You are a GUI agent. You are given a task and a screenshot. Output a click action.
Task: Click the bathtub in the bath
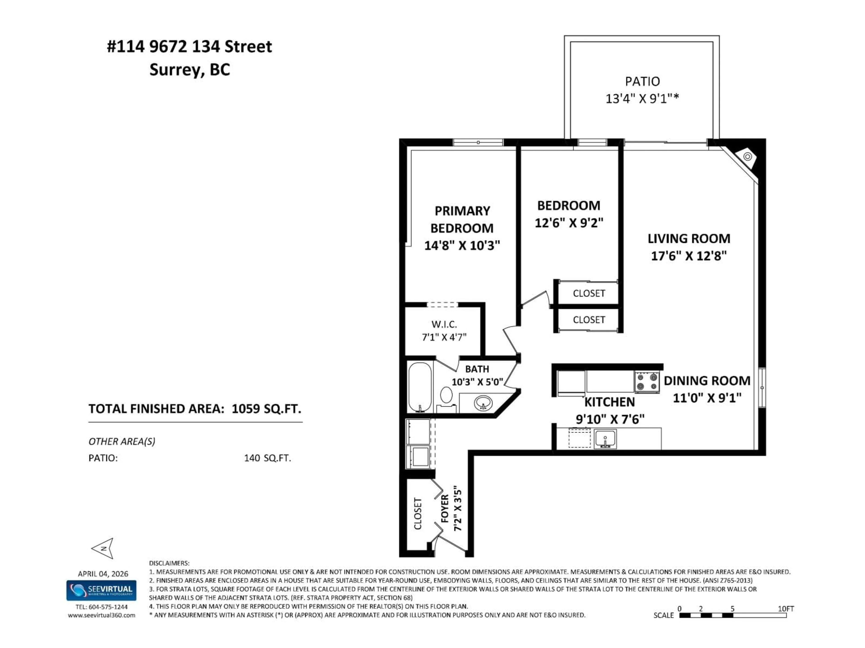click(x=420, y=387)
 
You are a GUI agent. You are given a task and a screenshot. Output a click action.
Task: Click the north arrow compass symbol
click(x=103, y=548)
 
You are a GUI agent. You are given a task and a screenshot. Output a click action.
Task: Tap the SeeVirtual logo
click(x=101, y=590)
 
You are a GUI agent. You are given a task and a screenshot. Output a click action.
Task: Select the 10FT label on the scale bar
click(x=786, y=609)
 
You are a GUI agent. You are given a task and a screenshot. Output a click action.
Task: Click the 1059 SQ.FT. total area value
click(x=266, y=409)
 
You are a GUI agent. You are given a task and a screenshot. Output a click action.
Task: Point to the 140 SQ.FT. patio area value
click(x=267, y=458)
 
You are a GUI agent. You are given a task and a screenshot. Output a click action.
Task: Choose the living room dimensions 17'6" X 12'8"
click(x=689, y=256)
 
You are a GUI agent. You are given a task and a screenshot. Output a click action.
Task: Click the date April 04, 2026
click(x=103, y=573)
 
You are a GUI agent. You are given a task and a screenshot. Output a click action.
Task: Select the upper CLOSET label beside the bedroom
click(x=589, y=293)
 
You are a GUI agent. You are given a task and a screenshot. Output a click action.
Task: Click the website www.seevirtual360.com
click(x=102, y=615)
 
